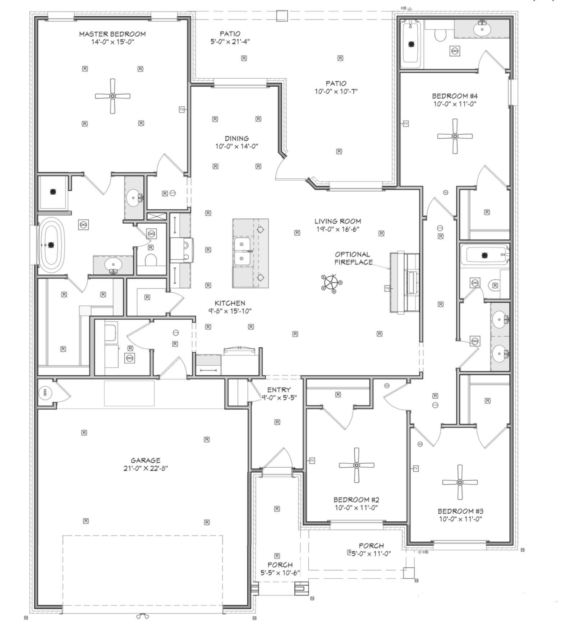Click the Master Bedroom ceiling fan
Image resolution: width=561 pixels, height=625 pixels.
coord(112,96)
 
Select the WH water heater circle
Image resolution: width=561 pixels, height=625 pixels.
coord(45,393)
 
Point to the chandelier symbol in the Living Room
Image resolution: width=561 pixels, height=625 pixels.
coord(331,282)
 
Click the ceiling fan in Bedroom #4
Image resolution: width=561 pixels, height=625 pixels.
coord(455,136)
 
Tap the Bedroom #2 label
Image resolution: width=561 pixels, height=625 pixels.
coord(356,500)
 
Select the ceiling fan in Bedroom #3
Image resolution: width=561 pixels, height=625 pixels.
coord(460,482)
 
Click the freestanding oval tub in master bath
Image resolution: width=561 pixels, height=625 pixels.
coord(51,245)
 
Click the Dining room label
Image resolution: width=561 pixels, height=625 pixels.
coord(237,139)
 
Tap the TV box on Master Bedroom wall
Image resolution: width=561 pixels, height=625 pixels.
coord(182,109)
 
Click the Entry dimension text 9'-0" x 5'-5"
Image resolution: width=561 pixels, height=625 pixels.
coord(279,397)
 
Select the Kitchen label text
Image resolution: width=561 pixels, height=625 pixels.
coord(230,303)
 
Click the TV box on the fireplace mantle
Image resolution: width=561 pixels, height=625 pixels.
coord(387,288)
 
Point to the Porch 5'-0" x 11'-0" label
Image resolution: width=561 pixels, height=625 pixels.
coord(371,550)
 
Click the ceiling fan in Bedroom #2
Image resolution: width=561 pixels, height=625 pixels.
coord(356,465)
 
